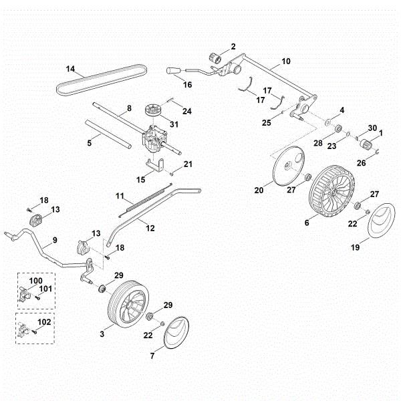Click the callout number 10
[x=286, y=61]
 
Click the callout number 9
[x=55, y=239]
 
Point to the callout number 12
[x=150, y=228]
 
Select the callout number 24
[x=186, y=111]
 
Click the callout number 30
[x=372, y=128]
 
